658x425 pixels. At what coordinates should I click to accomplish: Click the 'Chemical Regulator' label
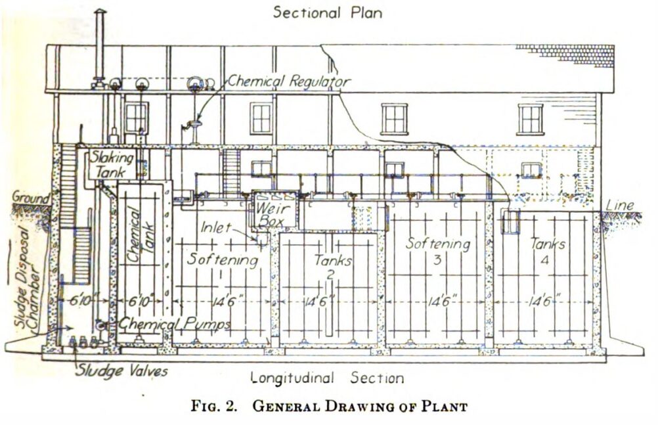(290, 81)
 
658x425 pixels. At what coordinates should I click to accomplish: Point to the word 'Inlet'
(217, 229)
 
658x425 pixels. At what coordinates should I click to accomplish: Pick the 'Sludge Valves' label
(121, 371)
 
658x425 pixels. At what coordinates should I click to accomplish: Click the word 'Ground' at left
(30, 197)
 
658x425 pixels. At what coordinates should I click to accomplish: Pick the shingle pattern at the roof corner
(565, 55)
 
